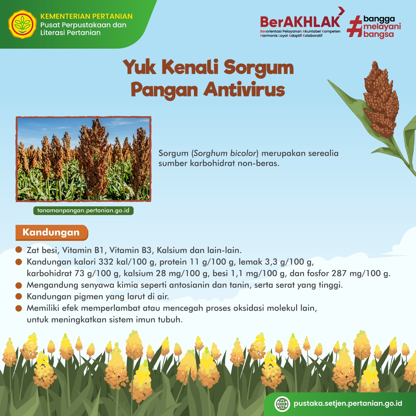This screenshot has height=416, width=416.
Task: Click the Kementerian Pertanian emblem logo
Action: [x=22, y=24]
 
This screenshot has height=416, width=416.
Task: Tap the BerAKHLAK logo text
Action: [x=300, y=22]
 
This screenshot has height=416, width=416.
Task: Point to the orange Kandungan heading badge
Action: [x=52, y=232]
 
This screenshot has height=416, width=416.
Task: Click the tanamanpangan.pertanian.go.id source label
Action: [x=83, y=210]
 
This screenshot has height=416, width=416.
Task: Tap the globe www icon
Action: [x=282, y=404]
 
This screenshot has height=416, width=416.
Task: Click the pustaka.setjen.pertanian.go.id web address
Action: [x=348, y=404]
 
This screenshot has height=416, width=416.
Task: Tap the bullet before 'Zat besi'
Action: [x=19, y=250]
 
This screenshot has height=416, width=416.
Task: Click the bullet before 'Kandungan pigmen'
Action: [x=19, y=296]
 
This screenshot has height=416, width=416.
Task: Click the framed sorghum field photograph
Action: [x=83, y=159]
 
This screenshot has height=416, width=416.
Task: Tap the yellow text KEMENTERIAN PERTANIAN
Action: [x=86, y=16]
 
